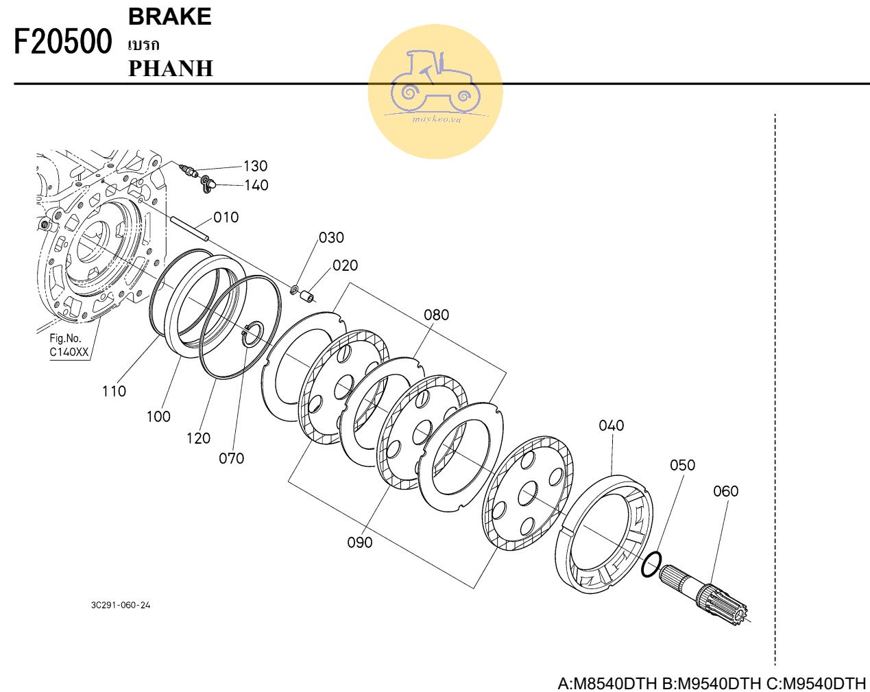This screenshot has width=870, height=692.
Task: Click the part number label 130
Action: (255, 166)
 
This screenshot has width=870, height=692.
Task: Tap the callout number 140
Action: (256, 185)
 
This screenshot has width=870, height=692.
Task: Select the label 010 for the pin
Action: (226, 217)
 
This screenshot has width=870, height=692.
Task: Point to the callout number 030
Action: (331, 238)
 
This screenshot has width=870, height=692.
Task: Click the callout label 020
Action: (345, 265)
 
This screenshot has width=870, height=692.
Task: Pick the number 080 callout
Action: (436, 315)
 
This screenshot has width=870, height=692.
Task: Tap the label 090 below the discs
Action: (359, 542)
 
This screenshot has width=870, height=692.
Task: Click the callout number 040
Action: (611, 426)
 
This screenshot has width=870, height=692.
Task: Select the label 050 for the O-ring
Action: (682, 465)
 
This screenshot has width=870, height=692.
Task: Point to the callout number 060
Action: (725, 491)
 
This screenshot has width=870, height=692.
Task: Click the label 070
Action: (231, 458)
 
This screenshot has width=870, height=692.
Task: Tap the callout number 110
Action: (114, 391)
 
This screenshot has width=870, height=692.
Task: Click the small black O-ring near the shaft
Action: (651, 564)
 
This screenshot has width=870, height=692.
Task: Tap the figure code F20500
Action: (62, 43)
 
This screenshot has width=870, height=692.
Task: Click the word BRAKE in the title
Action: (169, 17)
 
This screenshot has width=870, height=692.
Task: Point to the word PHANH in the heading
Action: (171, 69)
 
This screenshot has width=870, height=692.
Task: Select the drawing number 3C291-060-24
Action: (120, 606)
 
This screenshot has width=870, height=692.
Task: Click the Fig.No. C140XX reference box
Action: (69, 345)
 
